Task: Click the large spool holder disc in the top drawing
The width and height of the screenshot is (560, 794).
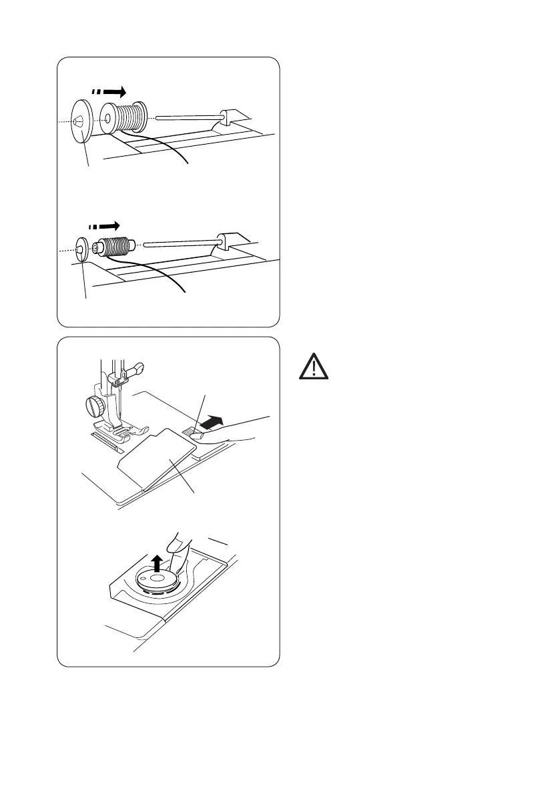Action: [81, 123]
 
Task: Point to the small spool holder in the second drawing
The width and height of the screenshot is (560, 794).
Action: [83, 249]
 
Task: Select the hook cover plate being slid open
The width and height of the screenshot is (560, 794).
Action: [160, 460]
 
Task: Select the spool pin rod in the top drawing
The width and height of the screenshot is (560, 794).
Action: [186, 118]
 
